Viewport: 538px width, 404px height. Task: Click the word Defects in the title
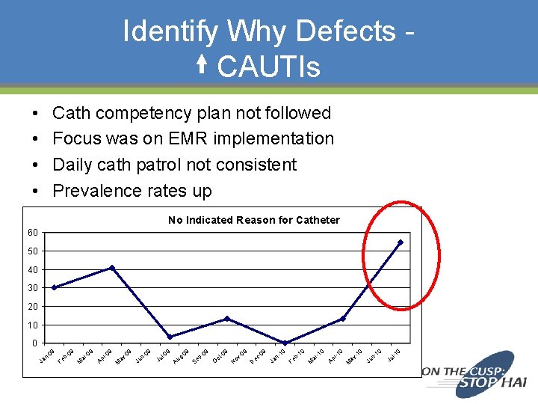coord(345,31)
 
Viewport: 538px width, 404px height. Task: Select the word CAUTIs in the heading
coord(268,67)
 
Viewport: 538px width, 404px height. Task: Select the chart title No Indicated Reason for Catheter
coord(254,220)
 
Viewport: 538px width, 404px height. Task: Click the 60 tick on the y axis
coord(33,233)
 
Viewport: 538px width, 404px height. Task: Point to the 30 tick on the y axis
coord(33,288)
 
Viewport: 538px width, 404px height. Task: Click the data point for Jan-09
coord(54,287)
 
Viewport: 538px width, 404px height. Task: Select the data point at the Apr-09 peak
coord(112,267)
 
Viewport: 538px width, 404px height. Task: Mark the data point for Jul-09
coord(170,337)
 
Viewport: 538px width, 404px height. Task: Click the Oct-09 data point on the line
coord(227,319)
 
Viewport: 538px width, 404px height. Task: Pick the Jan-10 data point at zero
coord(285,343)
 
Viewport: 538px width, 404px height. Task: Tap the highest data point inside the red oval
coord(401,242)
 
